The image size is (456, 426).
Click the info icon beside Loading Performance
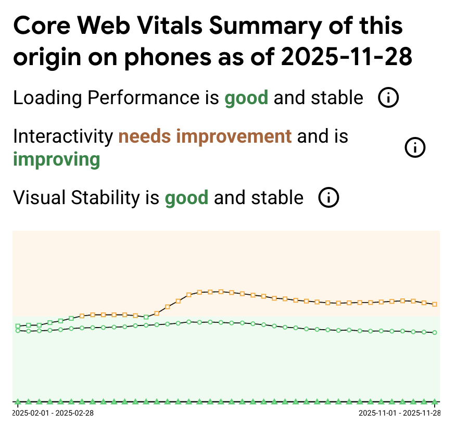coord(388,97)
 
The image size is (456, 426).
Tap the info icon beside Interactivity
coord(415,148)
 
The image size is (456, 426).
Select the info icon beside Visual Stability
coord(328,198)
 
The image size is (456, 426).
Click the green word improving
coord(56,159)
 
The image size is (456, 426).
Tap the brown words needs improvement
coord(205,136)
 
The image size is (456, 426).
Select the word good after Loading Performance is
coord(246,97)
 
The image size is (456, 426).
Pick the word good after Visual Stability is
coord(186,198)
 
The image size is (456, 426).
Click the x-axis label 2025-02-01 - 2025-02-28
coord(53,413)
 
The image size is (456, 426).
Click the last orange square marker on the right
coord(435,304)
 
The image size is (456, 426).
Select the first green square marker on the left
coord(18,326)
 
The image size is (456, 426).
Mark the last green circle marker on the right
coord(435,332)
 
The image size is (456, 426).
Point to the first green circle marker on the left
coord(18,331)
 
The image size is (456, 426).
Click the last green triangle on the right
coord(435,402)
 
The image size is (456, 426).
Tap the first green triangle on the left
coord(18,402)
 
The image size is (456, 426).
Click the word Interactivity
coord(63,136)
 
